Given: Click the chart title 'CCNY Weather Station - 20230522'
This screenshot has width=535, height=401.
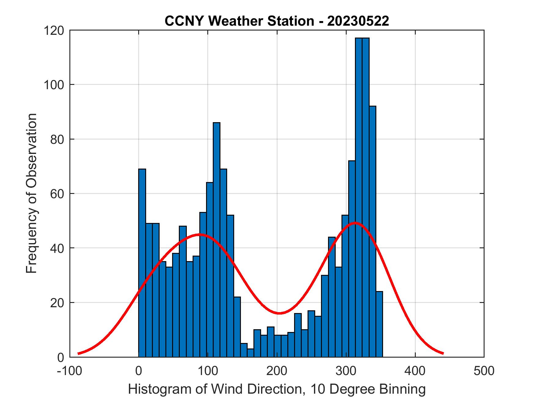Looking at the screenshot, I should point(277,21).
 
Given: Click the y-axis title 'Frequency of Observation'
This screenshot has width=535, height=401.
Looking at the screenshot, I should point(31,193).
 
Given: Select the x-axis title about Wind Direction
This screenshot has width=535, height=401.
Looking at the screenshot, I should point(277,389).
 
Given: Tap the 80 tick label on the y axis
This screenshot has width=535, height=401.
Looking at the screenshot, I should point(57,139).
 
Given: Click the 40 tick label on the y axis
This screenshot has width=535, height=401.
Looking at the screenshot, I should point(57,248).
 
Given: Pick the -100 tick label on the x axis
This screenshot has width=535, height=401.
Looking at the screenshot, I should point(70,370).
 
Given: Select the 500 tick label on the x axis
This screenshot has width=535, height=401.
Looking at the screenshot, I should point(484,370).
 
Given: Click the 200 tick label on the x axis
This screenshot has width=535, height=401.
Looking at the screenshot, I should point(277,370).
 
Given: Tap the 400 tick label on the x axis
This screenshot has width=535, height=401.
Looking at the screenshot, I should point(415,370).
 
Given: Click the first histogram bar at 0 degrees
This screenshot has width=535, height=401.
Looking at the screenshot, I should point(142,263).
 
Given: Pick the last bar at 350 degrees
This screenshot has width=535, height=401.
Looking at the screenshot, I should point(379,324).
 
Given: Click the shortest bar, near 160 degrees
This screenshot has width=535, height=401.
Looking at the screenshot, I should point(251,353).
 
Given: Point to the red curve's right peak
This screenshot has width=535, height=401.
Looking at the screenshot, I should point(355,223).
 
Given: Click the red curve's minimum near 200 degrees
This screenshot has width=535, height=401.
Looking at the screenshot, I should point(279,313).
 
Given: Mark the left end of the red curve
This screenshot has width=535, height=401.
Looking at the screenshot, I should point(79,353).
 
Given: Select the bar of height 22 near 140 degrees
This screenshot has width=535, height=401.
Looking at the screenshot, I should point(237,327).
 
